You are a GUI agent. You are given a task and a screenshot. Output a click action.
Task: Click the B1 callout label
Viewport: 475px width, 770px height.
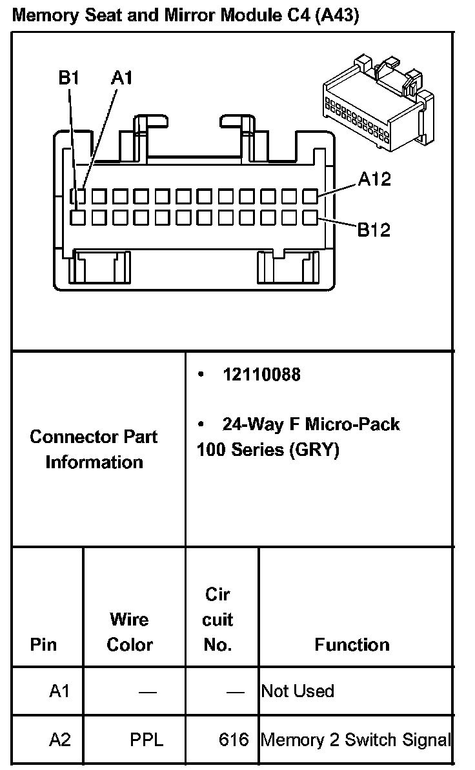pyautogui.click(x=68, y=78)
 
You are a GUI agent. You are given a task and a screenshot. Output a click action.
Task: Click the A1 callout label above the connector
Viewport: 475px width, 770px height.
pyautogui.click(x=121, y=78)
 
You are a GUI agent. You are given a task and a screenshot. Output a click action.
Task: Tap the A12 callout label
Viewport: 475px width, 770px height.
pyautogui.click(x=374, y=179)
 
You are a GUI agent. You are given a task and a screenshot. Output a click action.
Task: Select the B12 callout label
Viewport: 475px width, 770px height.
pyautogui.click(x=374, y=230)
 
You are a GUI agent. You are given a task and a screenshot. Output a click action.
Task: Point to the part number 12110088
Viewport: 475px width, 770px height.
pyautogui.click(x=261, y=375)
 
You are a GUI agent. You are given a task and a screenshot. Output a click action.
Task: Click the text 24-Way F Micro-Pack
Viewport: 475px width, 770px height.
pyautogui.click(x=311, y=424)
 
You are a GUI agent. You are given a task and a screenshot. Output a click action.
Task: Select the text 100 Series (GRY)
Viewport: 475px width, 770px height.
pyautogui.click(x=268, y=449)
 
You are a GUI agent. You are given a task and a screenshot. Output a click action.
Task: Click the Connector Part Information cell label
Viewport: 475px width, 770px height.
pyautogui.click(x=94, y=449)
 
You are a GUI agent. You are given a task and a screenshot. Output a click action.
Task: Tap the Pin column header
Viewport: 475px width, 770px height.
pyautogui.click(x=43, y=644)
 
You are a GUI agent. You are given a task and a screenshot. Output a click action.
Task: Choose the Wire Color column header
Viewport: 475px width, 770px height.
pyautogui.click(x=130, y=632)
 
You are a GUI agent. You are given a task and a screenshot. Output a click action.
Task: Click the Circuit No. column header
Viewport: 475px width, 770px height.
pyautogui.click(x=217, y=619)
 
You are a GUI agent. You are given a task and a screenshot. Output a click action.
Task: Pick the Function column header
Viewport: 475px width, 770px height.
pyautogui.click(x=352, y=644)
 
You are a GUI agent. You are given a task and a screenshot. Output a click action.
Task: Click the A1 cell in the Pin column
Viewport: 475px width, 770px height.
pyautogui.click(x=59, y=691)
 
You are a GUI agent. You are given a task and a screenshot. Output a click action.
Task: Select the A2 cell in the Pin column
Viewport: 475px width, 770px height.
pyautogui.click(x=59, y=740)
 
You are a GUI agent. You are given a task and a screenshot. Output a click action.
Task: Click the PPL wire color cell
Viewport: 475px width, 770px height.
pyautogui.click(x=147, y=740)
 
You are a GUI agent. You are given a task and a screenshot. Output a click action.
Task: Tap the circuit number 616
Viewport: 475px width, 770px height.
pyautogui.click(x=234, y=740)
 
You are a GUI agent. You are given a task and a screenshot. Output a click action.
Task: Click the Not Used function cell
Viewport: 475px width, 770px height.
pyautogui.click(x=298, y=691)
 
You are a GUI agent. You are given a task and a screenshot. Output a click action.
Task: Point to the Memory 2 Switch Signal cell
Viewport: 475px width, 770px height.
pyautogui.click(x=355, y=740)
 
